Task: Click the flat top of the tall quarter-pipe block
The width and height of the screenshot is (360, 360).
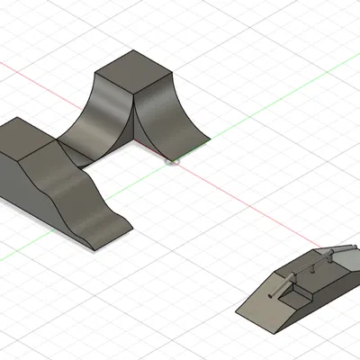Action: [x=133, y=70]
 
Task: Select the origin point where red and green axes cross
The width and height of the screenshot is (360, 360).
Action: [x=174, y=162]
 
